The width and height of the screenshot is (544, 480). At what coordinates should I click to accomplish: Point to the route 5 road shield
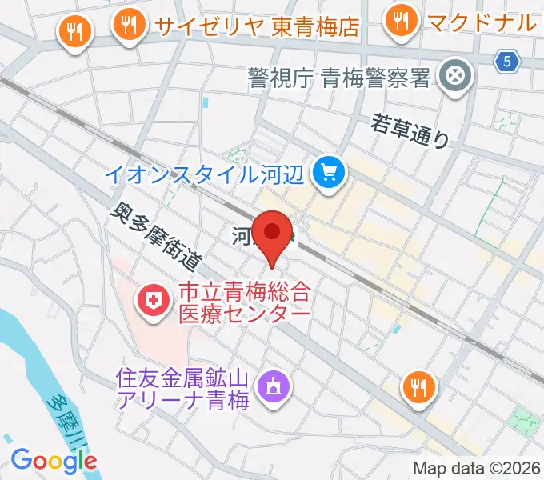click(506, 59)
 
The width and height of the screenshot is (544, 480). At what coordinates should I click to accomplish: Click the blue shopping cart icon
click(329, 170)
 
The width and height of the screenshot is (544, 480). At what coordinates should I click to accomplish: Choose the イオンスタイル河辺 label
click(210, 171)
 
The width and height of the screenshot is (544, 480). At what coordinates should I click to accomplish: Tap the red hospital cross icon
click(151, 301)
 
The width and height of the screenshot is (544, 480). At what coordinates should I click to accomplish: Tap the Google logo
click(54, 460)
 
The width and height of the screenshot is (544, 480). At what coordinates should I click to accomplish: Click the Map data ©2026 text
click(475, 468)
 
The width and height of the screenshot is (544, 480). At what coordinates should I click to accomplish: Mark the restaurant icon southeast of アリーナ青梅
click(418, 388)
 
